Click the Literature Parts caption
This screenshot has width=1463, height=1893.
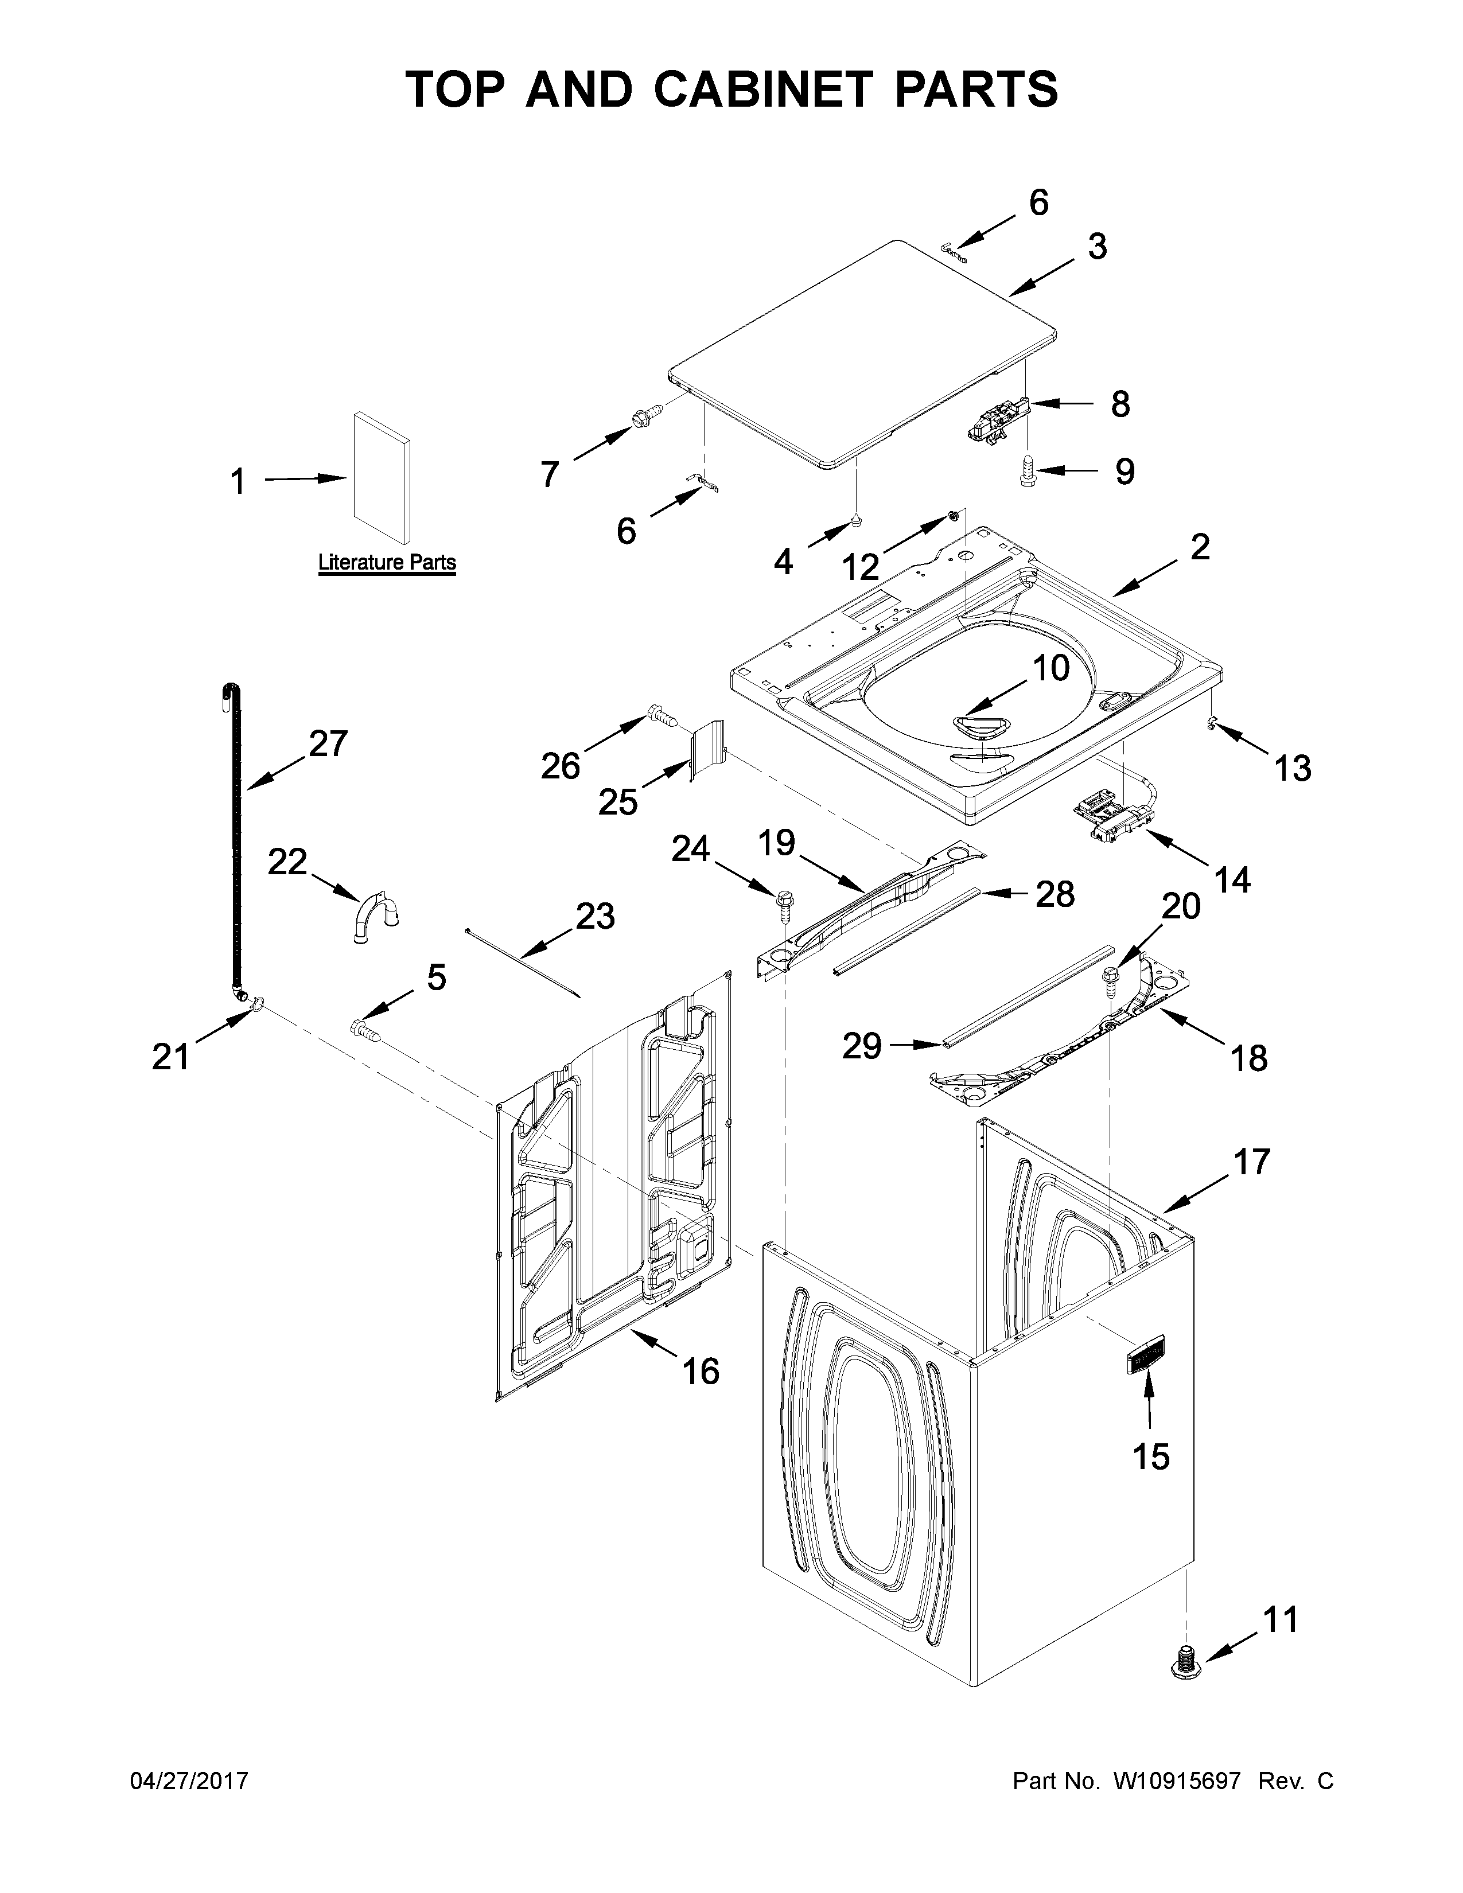coord(387,563)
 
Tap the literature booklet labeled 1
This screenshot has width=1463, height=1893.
coord(382,476)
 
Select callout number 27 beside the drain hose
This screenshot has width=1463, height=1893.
coord(328,743)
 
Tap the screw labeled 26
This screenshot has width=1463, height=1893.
coord(662,716)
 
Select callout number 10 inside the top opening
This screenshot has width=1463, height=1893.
coord(1050,668)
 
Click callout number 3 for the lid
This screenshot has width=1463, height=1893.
coord(1096,247)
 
